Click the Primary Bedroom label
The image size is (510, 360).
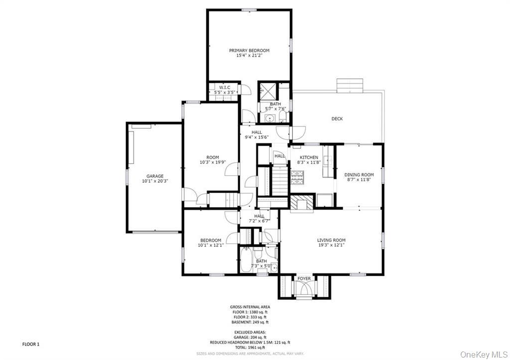pyautogui.click(x=249, y=50)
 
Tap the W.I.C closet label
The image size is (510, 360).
pyautogui.click(x=225, y=88)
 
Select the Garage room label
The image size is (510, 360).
pyautogui.click(x=155, y=176)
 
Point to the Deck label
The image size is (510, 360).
pyautogui.click(x=337, y=119)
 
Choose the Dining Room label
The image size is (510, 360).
pyautogui.click(x=359, y=175)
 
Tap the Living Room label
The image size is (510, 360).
pyautogui.click(x=331, y=240)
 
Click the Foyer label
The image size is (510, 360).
pyautogui.click(x=304, y=278)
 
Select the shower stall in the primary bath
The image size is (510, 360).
pyautogui.click(x=266, y=91)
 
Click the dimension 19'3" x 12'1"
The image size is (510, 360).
pyautogui.click(x=331, y=245)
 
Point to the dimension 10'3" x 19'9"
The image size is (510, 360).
pyautogui.click(x=213, y=162)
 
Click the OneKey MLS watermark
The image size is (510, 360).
pyautogui.click(x=483, y=354)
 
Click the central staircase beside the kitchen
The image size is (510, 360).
pyautogui.click(x=279, y=182)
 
